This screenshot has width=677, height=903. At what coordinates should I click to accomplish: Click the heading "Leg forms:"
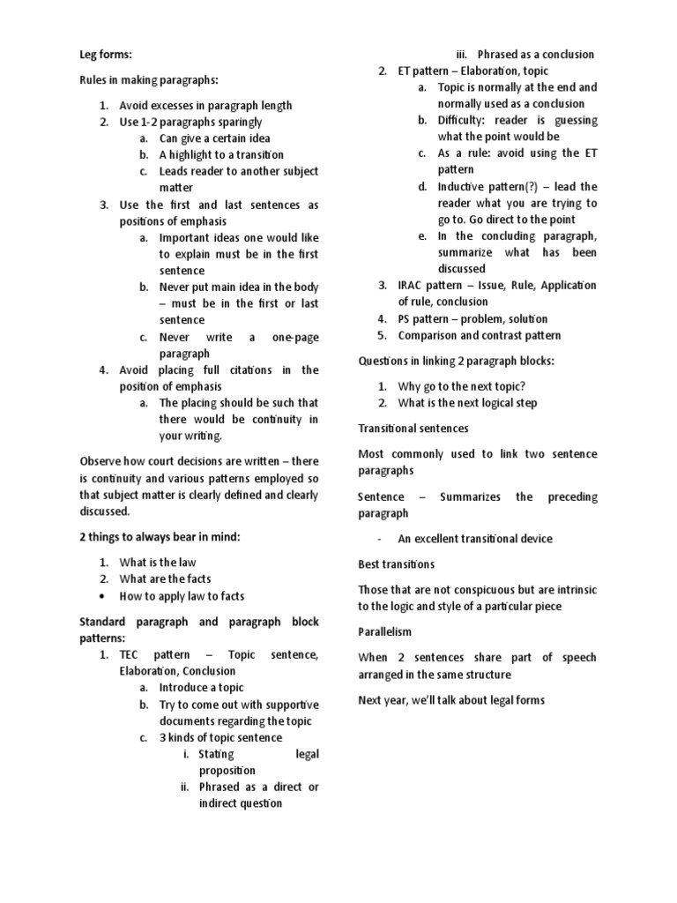point(106,55)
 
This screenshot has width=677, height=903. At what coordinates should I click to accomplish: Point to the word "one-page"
point(294,337)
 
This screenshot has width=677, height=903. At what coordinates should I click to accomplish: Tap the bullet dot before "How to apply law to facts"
point(103,596)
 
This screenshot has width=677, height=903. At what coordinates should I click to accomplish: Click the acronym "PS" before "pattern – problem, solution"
point(405,318)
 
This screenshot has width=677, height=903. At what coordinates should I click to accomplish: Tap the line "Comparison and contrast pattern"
point(479,335)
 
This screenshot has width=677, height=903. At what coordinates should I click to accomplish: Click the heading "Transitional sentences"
point(413,428)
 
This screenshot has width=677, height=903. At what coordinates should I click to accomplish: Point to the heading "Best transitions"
point(396,563)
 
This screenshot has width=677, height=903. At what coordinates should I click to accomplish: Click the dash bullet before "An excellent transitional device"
point(378,539)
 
